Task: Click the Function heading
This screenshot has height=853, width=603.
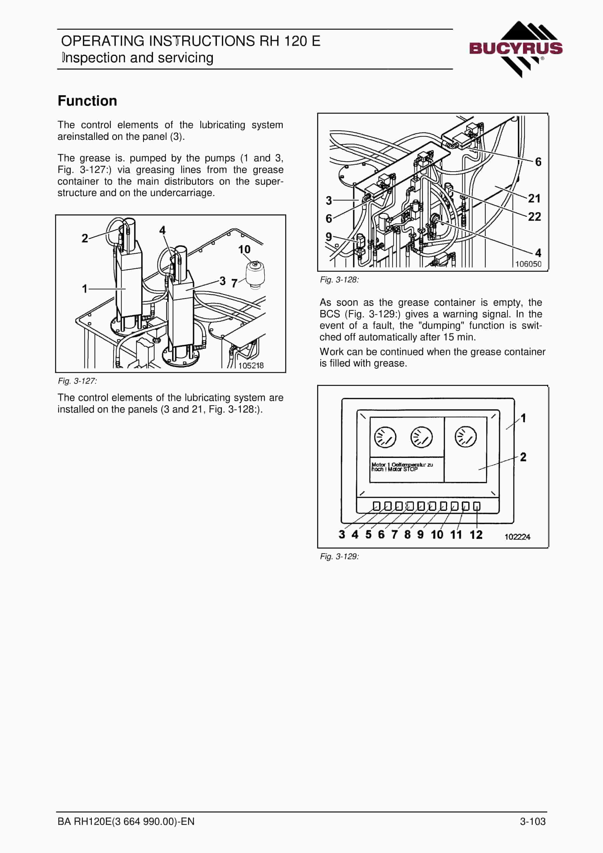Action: pyautogui.click(x=87, y=101)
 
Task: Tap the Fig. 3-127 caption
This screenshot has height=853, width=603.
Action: pyautogui.click(x=77, y=381)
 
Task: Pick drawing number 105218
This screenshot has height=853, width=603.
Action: pyautogui.click(x=251, y=365)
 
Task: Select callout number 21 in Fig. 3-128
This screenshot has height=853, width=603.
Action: pyautogui.click(x=534, y=198)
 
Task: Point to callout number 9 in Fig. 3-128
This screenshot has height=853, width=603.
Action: pyautogui.click(x=329, y=237)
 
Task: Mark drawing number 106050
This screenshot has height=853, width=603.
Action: pyautogui.click(x=528, y=264)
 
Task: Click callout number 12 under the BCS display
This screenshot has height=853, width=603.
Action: pyautogui.click(x=476, y=535)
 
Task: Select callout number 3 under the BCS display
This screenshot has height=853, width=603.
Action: pyautogui.click(x=342, y=535)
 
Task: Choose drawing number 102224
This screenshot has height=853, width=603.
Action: pyautogui.click(x=517, y=537)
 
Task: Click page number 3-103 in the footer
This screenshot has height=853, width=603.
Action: pyautogui.click(x=533, y=821)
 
